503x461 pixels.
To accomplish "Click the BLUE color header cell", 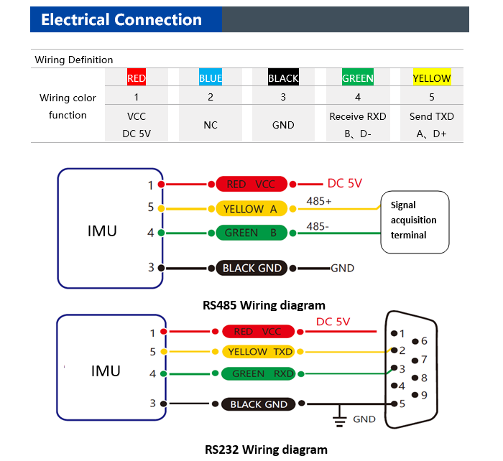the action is (x=211, y=77).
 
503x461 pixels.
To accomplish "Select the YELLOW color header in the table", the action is (x=432, y=77).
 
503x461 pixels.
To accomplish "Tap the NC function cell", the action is (x=211, y=125).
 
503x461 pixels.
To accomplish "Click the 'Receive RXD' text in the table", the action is (x=358, y=116).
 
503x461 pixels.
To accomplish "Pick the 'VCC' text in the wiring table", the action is (x=137, y=116).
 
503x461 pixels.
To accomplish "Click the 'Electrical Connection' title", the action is (x=121, y=19).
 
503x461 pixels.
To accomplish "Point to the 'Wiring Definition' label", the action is (x=74, y=60).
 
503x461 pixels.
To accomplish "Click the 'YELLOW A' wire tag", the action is (x=251, y=209).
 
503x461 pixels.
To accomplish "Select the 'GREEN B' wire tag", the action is (x=251, y=233).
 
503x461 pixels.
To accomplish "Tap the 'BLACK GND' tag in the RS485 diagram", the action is (x=251, y=268).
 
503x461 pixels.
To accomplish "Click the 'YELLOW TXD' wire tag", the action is (x=259, y=352).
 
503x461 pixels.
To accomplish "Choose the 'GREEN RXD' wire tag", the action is (x=259, y=374).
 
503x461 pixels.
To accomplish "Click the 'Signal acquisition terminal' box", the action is (x=415, y=222).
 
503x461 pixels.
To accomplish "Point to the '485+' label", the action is (x=318, y=201).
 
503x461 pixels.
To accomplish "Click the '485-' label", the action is (x=318, y=226).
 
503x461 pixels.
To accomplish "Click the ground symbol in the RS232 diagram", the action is (x=340, y=417).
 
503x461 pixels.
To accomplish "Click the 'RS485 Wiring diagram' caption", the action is (x=264, y=305).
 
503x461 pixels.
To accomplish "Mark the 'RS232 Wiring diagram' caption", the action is (x=266, y=450).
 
